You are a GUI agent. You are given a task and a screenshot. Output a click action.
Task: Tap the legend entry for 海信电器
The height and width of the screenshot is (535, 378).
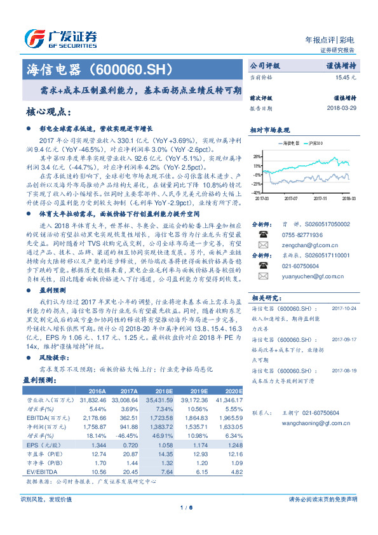tap(293, 144)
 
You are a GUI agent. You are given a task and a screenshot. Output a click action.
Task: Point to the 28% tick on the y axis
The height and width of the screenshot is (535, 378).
tap(256, 156)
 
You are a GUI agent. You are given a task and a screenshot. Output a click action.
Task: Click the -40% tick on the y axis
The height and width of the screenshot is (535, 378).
tap(255, 192)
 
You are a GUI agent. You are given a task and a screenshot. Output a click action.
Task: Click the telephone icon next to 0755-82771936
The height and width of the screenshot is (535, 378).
tap(262, 234)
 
